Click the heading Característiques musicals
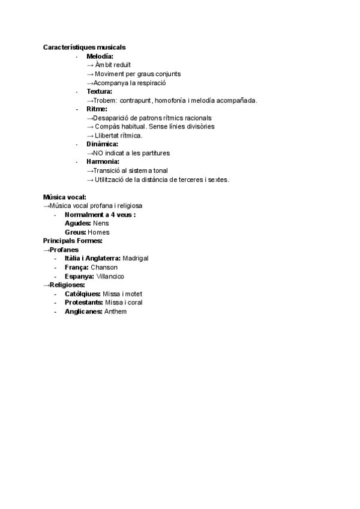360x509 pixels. [x=84, y=47]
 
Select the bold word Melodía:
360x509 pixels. [x=100, y=56]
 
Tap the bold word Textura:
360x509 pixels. [x=99, y=91]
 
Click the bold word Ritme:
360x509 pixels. [x=97, y=109]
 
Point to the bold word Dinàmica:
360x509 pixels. [x=102, y=144]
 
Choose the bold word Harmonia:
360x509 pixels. [x=103, y=161]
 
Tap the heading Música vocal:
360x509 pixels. [x=65, y=196]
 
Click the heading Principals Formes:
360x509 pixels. [x=73, y=241]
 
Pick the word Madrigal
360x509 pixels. [x=135, y=258]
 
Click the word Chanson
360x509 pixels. [x=104, y=267]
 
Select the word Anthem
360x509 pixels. [x=116, y=312]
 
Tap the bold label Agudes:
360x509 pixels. [x=78, y=223]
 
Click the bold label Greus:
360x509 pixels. [x=76, y=232]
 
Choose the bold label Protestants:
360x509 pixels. [x=83, y=303]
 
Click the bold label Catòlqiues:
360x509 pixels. [x=83, y=294]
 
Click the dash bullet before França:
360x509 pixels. [x=55, y=267]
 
